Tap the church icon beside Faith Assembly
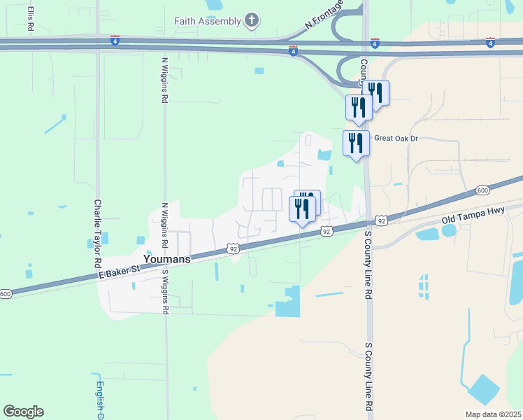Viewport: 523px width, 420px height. [x=252, y=20]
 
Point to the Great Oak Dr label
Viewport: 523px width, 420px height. [x=396, y=139]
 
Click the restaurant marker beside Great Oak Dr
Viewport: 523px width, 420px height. [x=356, y=143]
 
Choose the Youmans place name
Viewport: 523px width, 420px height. [x=166, y=258]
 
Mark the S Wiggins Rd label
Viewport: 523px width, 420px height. [x=166, y=291]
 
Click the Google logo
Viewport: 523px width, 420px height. [x=23, y=412]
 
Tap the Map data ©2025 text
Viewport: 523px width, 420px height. [x=493, y=414]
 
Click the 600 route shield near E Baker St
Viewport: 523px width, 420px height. [x=6, y=293]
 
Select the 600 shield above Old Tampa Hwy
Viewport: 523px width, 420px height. [x=482, y=190]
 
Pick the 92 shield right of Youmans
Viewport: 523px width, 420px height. [x=233, y=248]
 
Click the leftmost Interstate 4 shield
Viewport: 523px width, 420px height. [x=115, y=41]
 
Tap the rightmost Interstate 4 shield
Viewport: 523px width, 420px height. [x=492, y=43]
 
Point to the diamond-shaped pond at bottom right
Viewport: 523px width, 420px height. [x=484, y=390]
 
